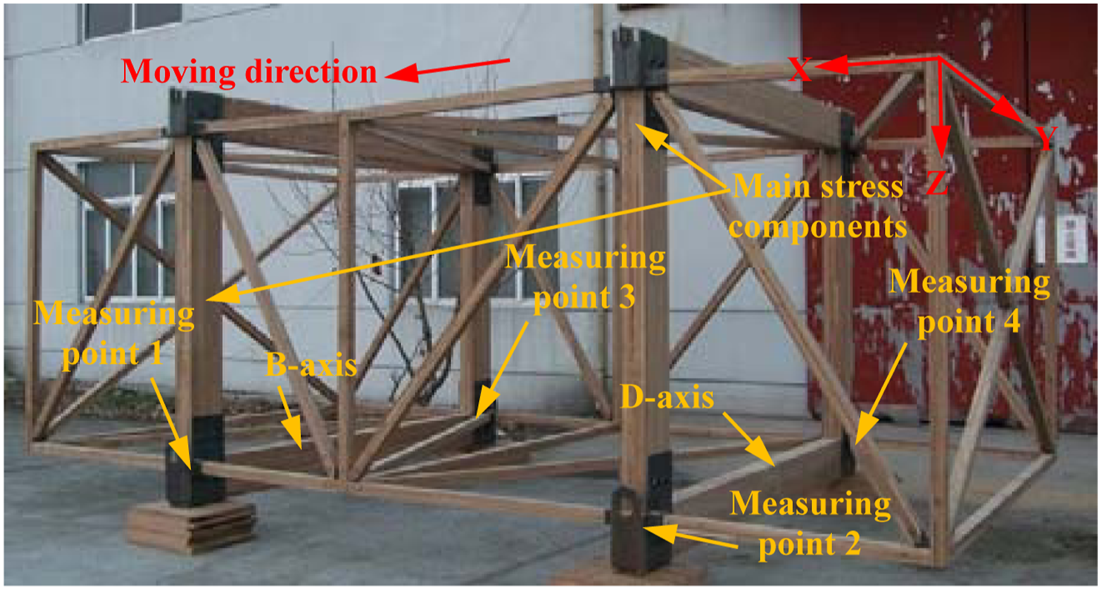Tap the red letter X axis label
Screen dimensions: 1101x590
pos(800,68)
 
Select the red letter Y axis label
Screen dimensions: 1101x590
pos(1046,138)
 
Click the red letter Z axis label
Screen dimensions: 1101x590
pos(937,182)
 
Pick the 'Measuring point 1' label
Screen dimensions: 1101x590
pos(114,333)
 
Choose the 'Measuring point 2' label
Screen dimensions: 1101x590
pos(810,525)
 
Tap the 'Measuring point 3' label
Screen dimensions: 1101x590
pos(585,277)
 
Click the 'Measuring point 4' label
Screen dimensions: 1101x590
pos(969,302)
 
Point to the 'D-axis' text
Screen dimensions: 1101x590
pos(667,396)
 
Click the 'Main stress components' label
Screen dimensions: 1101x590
pos(818,207)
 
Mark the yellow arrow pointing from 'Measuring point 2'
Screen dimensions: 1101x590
pos(690,536)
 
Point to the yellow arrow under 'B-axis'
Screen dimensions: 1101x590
pos(290,418)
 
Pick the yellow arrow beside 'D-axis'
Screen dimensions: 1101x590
pos(749,440)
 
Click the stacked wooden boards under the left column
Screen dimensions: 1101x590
pos(191,525)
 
